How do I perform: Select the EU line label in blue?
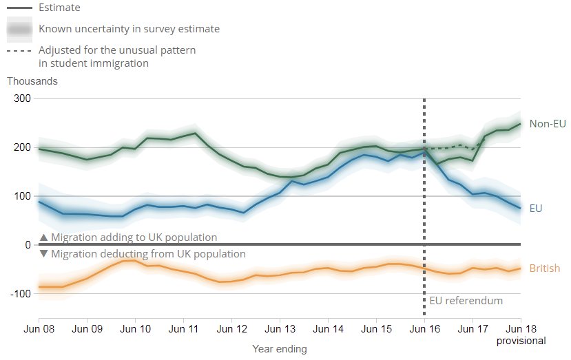pos(536,207)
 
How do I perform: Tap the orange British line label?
pos(544,268)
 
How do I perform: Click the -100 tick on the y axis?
pos(20,293)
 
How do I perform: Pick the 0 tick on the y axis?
pos(28,245)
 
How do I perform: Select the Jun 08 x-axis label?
pos(39,329)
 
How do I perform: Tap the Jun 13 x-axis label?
pos(280,329)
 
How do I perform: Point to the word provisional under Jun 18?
pos(521,341)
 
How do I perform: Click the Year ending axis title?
pos(280,349)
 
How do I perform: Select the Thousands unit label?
pos(32,81)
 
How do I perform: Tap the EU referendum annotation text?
pos(466,301)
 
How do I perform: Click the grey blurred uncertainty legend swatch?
pos(19,29)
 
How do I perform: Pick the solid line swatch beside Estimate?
pos(19,8)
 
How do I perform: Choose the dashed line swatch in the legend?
pos(19,50)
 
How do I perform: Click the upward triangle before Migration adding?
pos(43,237)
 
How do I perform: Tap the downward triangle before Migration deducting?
pos(43,254)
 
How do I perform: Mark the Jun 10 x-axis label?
pos(135,329)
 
